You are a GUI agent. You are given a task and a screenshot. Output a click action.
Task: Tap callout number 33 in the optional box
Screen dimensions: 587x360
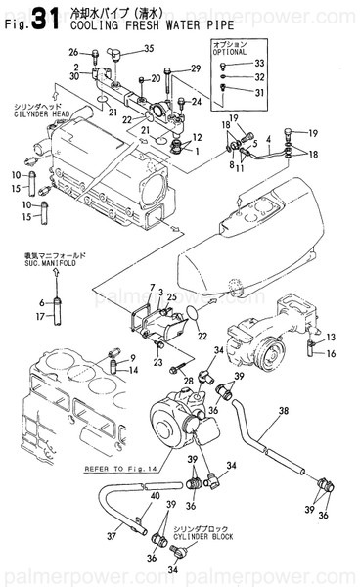click(259, 64)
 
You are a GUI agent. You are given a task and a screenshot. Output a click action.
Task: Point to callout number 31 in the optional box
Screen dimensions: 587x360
click(259, 93)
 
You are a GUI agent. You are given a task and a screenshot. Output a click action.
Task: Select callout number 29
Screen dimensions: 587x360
click(195, 68)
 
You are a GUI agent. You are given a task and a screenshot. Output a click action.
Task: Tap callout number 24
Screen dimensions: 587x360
click(197, 102)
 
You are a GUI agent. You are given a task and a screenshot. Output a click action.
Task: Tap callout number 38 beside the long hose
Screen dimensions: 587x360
click(284, 412)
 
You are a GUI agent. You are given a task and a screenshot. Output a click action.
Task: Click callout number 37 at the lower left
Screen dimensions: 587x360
click(112, 535)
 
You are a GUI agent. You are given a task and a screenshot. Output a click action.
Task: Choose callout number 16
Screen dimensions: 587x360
click(332, 352)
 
